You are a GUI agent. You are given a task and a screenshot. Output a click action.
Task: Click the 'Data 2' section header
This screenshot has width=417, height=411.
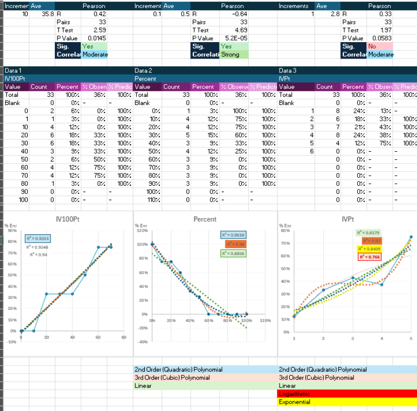tap(144, 70)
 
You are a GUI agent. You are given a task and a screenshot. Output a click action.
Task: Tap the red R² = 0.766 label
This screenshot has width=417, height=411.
tap(369, 257)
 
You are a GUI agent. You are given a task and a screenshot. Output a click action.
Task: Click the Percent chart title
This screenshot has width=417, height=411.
tap(205, 219)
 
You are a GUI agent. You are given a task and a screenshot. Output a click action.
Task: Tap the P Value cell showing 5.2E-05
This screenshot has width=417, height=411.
tap(235, 38)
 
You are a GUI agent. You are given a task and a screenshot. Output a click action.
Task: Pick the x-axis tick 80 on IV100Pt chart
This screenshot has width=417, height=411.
tap(124, 338)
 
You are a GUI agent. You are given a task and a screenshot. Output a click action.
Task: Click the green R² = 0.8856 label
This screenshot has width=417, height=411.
tap(234, 253)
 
